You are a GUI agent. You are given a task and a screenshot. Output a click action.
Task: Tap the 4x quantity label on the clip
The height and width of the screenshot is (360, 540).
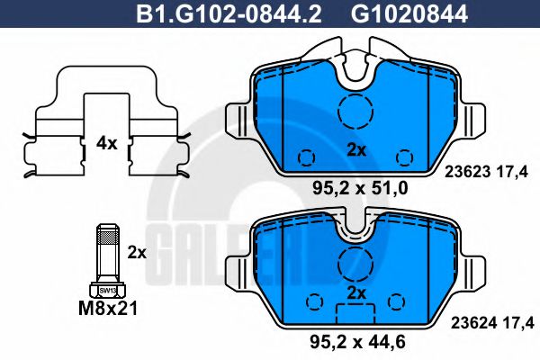click(106, 141)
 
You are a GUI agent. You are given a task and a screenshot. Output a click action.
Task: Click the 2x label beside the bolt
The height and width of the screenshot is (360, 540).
click(137, 253)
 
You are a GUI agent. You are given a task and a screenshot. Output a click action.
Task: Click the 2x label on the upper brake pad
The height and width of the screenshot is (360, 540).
click(357, 150)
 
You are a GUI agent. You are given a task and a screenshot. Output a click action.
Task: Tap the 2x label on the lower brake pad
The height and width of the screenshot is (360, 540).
click(357, 293)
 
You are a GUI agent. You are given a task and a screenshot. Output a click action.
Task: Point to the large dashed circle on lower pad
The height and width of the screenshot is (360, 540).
click(357, 262)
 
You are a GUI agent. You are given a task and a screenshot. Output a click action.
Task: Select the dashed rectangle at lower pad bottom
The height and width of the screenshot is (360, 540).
click(357, 314)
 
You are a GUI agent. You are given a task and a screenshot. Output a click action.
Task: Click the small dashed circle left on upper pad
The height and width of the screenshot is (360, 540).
click(306, 155)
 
